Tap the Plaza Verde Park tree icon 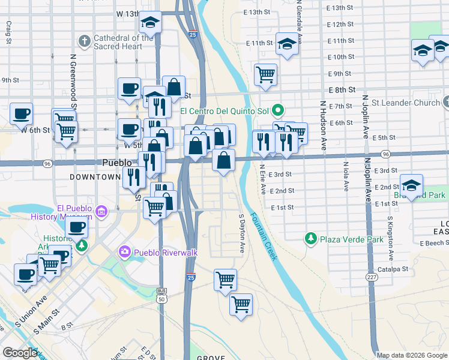pos(310,239)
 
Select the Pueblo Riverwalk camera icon pos(125,252)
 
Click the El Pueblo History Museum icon pos(101,212)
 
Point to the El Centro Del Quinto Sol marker pos(277,110)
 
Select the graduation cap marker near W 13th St pos(149,23)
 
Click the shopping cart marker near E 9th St pos(265,74)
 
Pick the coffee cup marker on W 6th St pos(22,113)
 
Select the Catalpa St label pos(393,269)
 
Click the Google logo pos(20,353)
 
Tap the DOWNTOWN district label pos(95,177)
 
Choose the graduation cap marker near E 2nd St pos(411,184)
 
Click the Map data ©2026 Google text pos(412,355)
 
